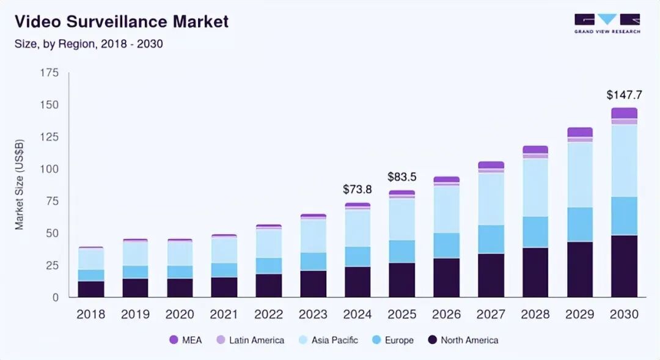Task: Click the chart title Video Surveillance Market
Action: (122, 22)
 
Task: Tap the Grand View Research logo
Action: (607, 23)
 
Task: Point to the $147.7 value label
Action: (624, 95)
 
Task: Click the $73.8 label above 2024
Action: (358, 189)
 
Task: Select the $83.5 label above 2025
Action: (402, 177)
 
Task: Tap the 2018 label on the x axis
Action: (90, 314)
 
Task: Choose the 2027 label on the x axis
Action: (491, 314)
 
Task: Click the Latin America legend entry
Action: (250, 340)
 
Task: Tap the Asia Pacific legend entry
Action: (327, 340)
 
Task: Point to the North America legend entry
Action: (463, 340)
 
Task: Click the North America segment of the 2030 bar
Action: (624, 266)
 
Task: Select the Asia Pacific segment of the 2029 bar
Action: (580, 174)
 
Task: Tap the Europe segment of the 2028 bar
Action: (535, 232)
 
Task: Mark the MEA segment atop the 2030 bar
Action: (624, 113)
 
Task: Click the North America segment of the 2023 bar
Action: (313, 284)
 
